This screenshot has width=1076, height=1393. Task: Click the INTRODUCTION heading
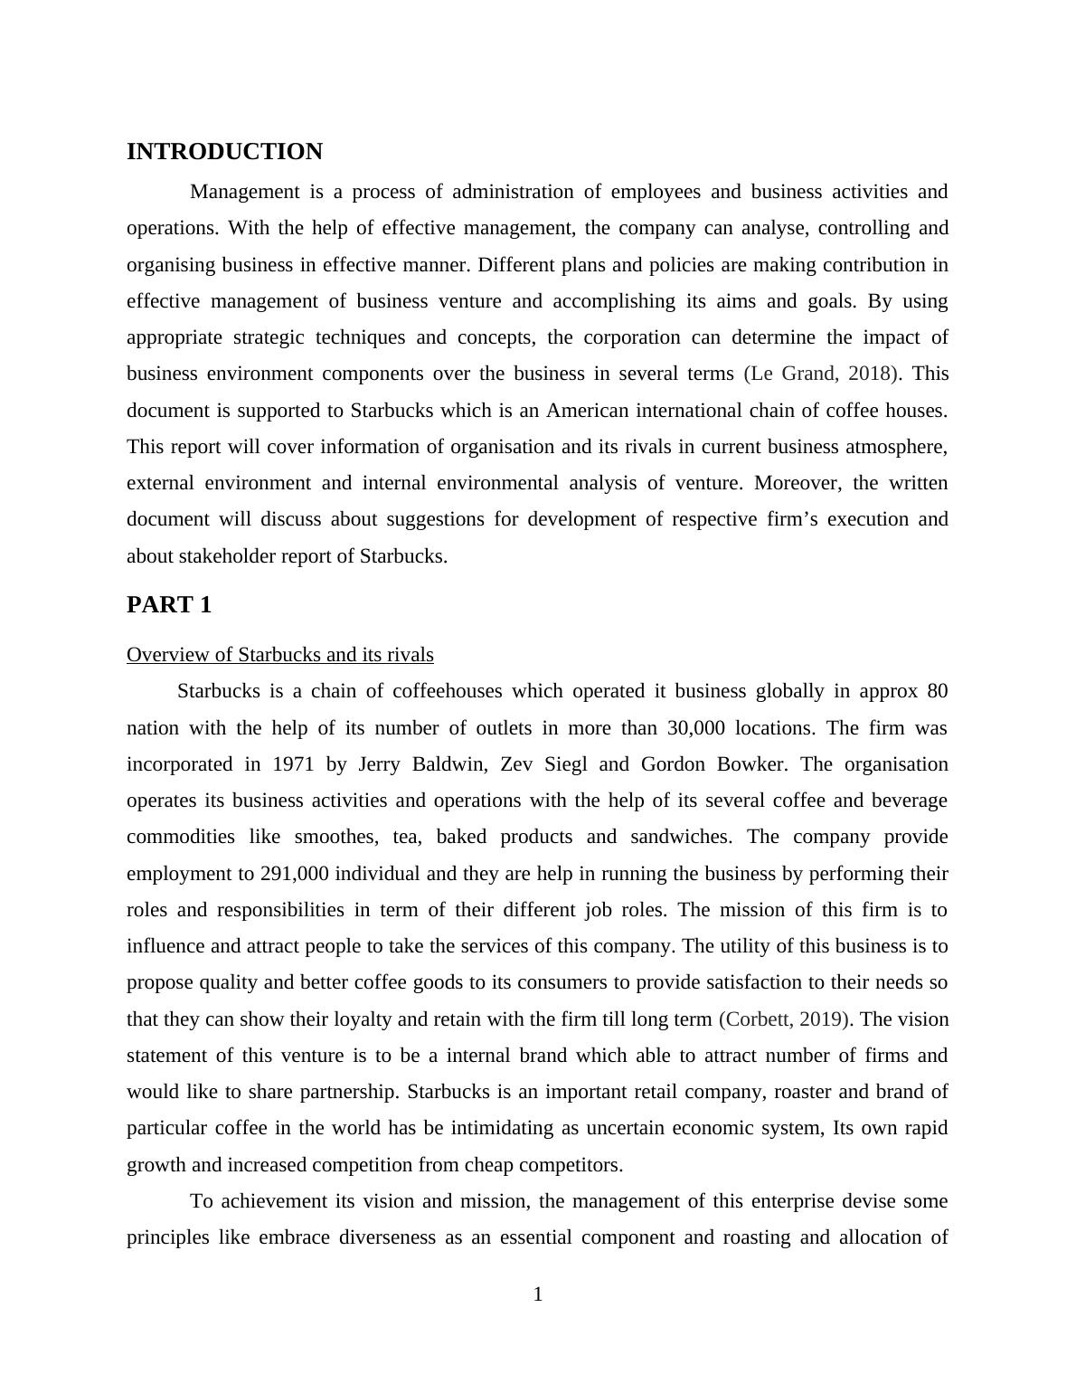point(224,152)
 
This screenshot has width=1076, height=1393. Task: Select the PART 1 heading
point(169,605)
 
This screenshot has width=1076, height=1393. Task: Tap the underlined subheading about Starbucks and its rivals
point(279,655)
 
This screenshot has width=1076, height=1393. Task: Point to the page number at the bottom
point(538,1294)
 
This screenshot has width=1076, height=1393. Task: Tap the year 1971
point(293,764)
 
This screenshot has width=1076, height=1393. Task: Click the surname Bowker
point(750,764)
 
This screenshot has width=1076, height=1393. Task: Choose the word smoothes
point(334,837)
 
